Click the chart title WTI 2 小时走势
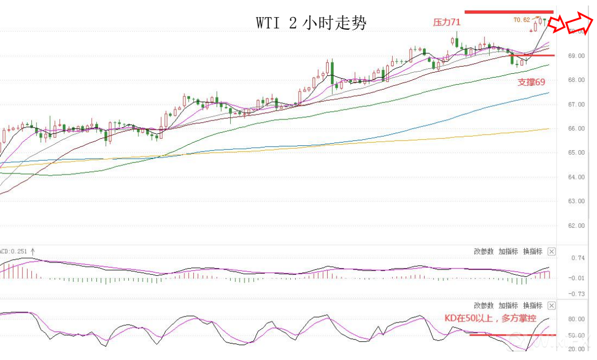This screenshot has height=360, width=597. (x=311, y=23)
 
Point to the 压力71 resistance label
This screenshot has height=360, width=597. (x=447, y=23)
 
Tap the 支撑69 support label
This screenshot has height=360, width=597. (x=531, y=82)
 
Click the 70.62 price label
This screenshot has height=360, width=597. (x=522, y=20)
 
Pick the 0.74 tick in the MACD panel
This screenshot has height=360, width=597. (x=578, y=258)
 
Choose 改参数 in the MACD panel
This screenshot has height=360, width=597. (x=484, y=252)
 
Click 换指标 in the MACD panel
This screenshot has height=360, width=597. (x=533, y=252)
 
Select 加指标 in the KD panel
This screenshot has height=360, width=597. (x=508, y=306)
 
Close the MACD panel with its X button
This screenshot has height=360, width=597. (x=552, y=252)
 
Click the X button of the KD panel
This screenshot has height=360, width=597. (x=552, y=306)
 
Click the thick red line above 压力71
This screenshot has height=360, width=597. (x=508, y=12)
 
